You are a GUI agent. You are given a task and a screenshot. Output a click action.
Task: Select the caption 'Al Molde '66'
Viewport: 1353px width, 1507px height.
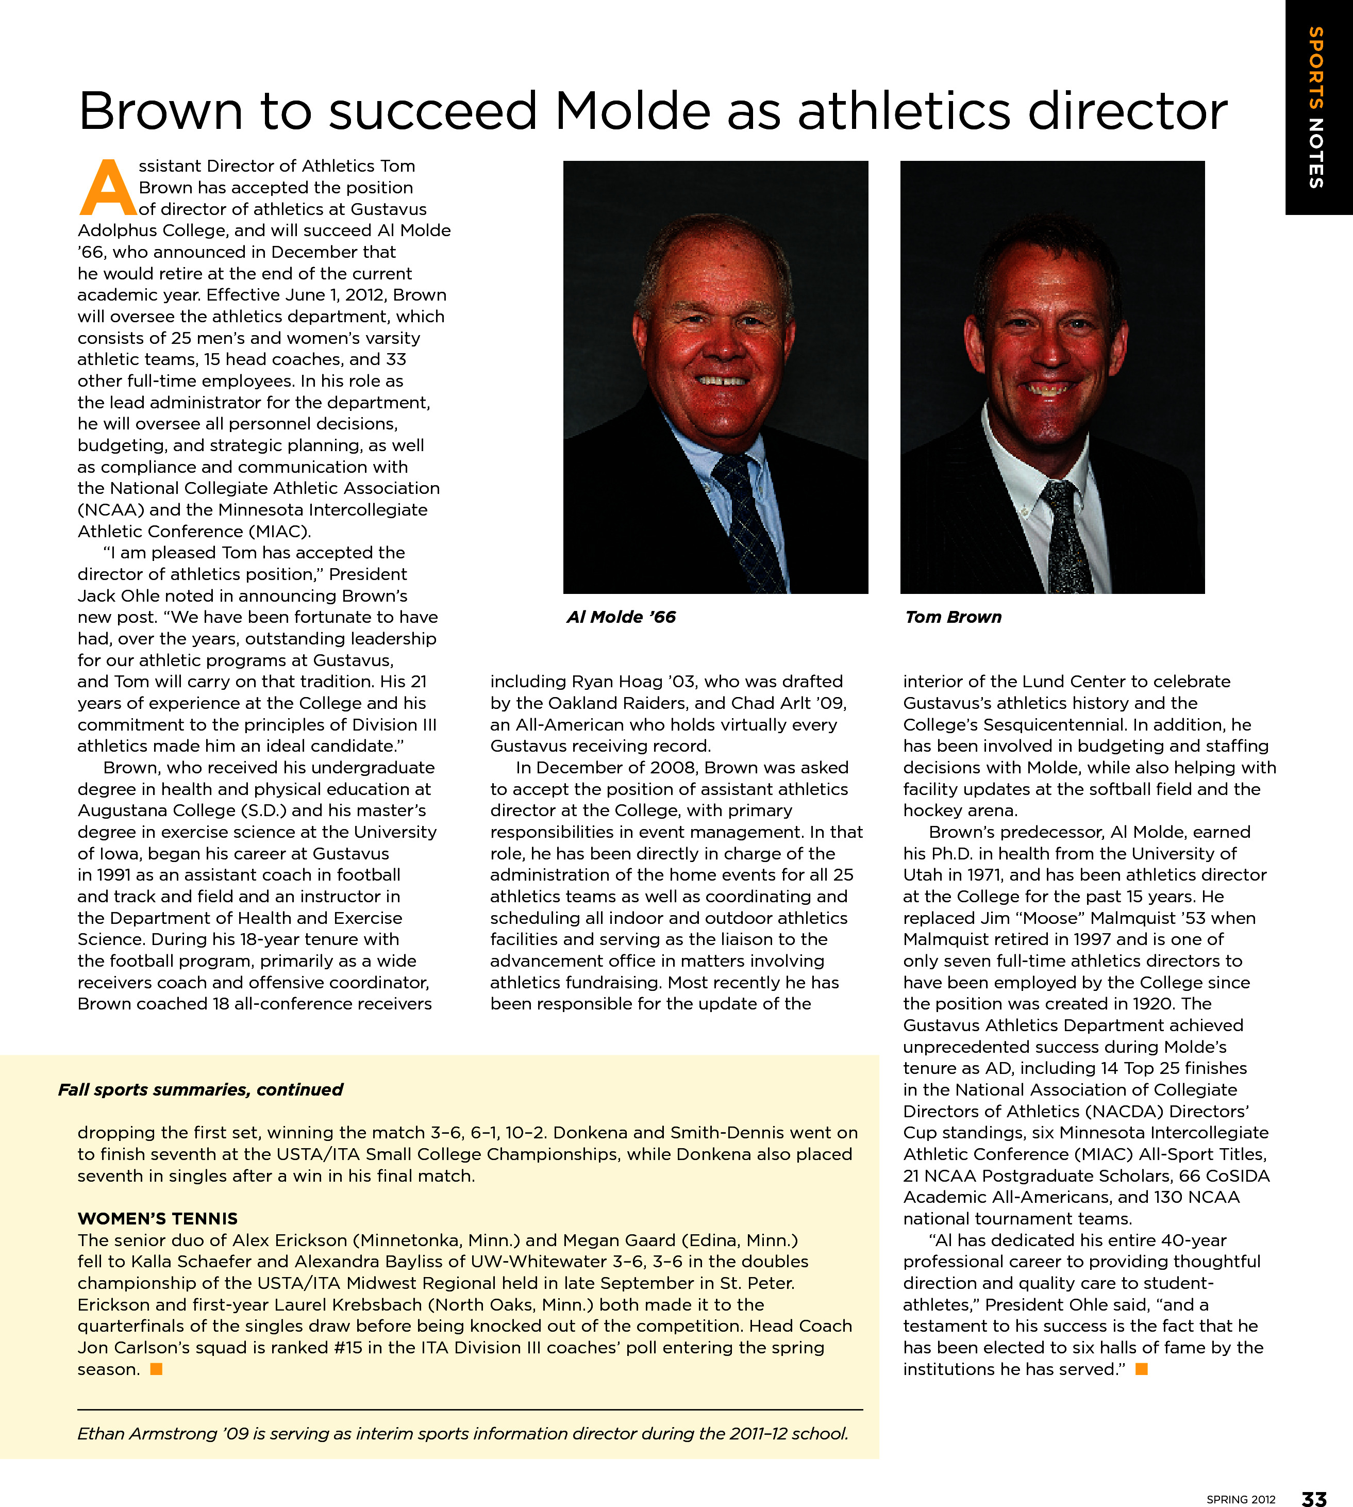tap(621, 617)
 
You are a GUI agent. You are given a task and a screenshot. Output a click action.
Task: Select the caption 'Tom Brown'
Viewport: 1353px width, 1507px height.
tap(953, 617)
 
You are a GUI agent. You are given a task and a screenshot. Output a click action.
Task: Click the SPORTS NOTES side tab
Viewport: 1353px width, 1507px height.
tap(1316, 108)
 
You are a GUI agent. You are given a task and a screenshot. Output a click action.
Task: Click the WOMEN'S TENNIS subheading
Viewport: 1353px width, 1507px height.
tap(158, 1218)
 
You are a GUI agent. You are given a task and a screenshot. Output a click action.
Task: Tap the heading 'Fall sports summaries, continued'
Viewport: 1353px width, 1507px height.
tap(201, 1090)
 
